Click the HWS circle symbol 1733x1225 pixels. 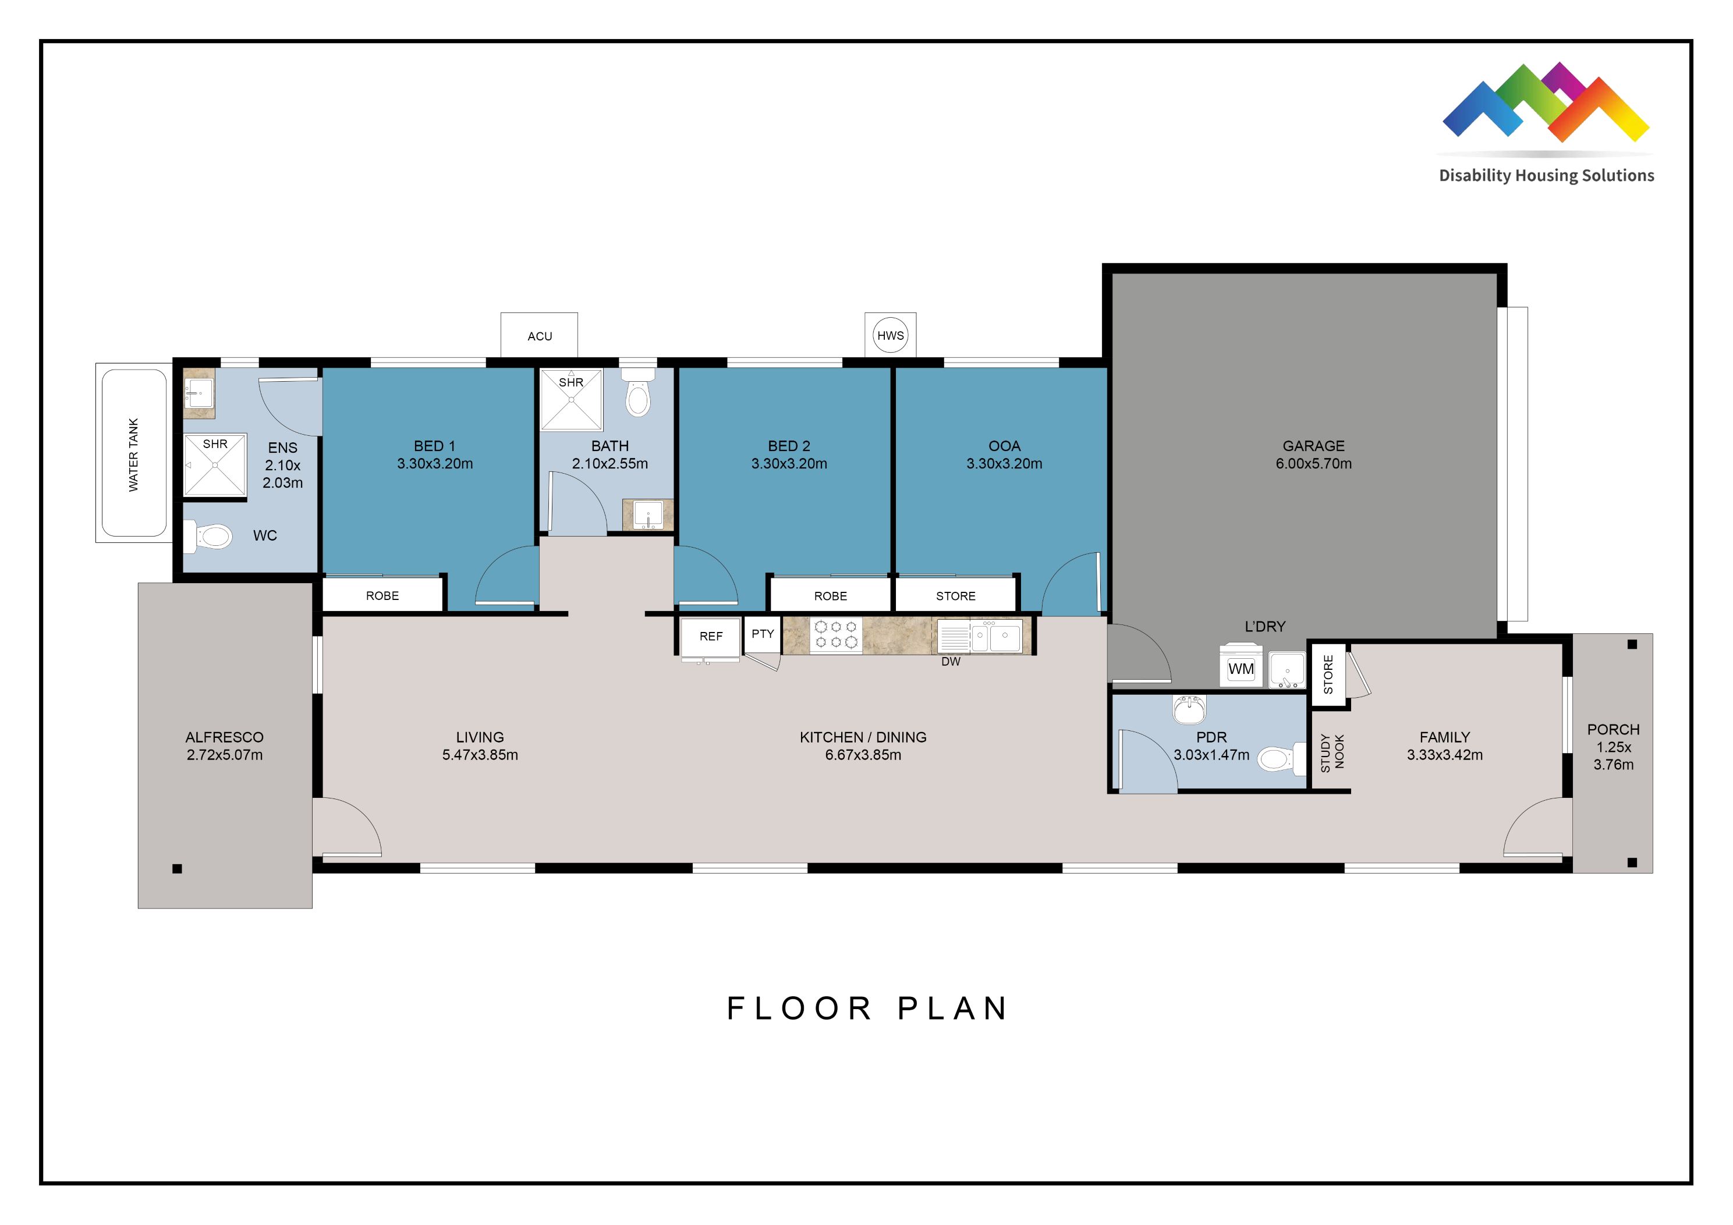[x=890, y=335]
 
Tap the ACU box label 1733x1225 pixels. [x=540, y=336]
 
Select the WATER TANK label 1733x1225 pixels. [x=133, y=455]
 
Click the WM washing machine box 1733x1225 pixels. [x=1241, y=668]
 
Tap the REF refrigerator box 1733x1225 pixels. [x=710, y=636]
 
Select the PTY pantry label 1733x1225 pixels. [x=763, y=634]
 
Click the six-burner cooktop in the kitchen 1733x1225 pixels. [x=835, y=635]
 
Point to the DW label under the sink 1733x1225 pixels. [x=950, y=662]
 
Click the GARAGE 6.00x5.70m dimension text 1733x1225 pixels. [x=1313, y=463]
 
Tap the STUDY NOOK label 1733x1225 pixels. [x=1331, y=752]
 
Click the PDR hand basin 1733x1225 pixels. [x=1189, y=709]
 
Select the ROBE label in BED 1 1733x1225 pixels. [x=382, y=595]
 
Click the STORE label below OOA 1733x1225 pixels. [x=955, y=595]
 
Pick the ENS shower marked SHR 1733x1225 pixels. [x=215, y=465]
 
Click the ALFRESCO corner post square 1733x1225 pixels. [x=178, y=869]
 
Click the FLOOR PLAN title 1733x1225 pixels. [x=866, y=1009]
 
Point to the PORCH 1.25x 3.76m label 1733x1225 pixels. [x=1613, y=747]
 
